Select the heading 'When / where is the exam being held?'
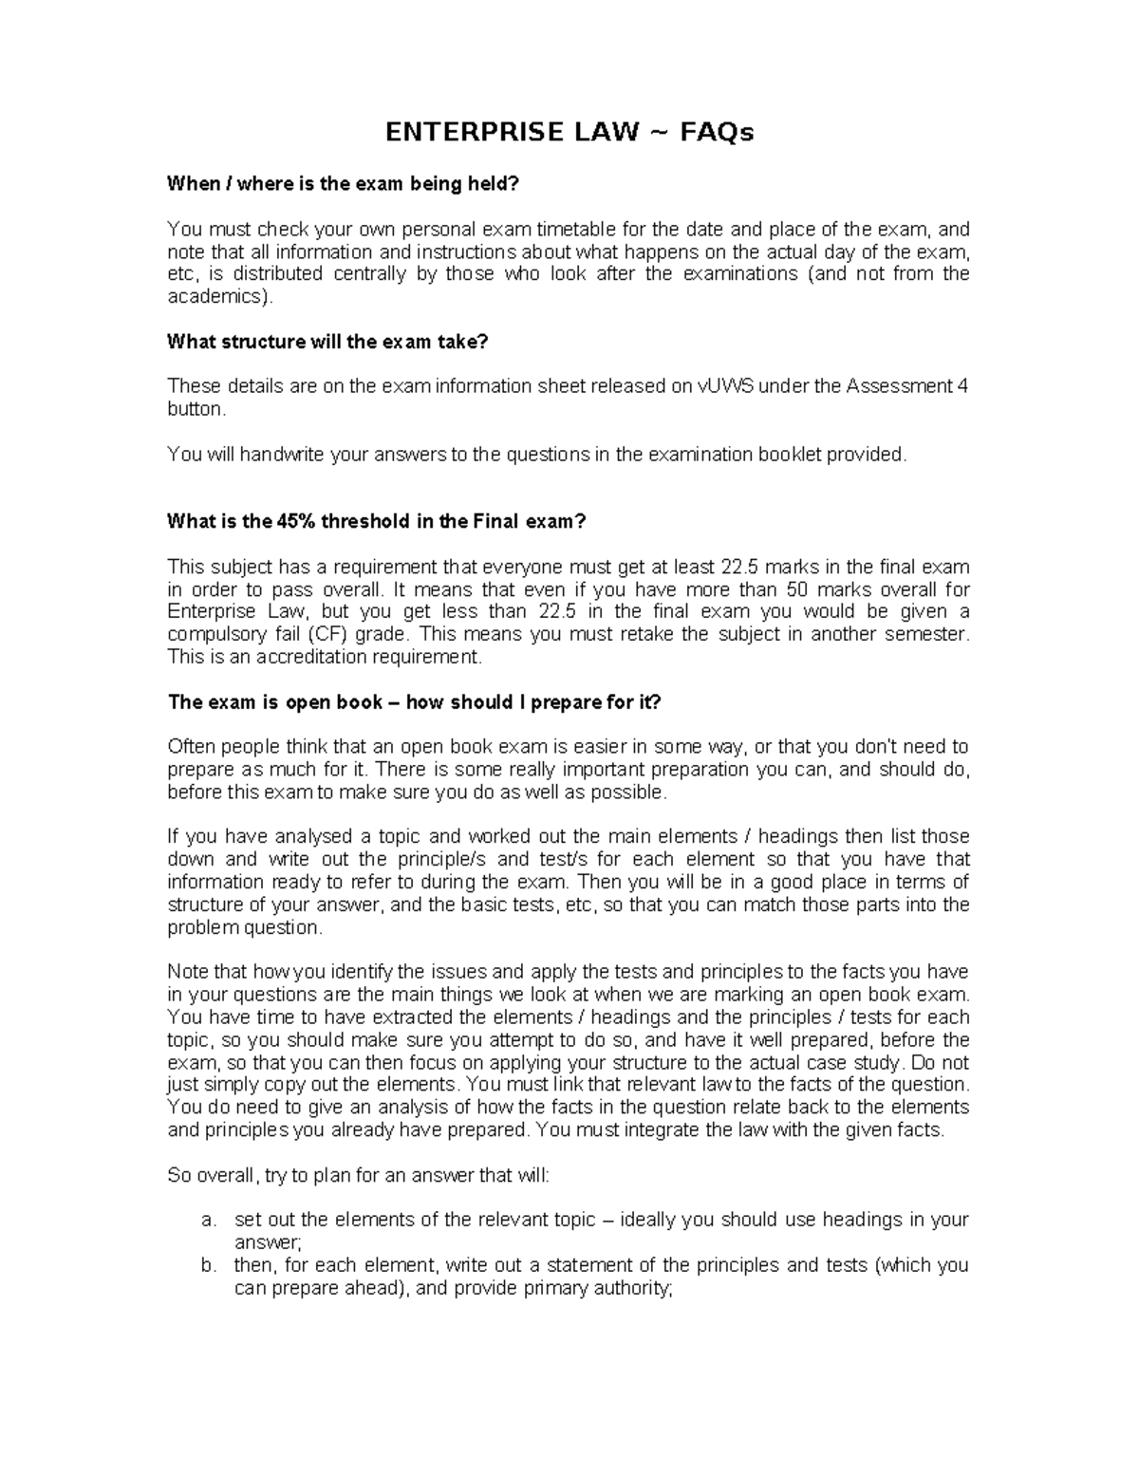pyautogui.click(x=344, y=184)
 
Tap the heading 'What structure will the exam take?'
pyautogui.click(x=327, y=342)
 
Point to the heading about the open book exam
pyautogui.click(x=414, y=702)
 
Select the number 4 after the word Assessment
pyautogui.click(x=962, y=386)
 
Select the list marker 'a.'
pyautogui.click(x=209, y=1220)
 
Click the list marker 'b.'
pyautogui.click(x=209, y=1265)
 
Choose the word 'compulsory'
pyautogui.click(x=212, y=634)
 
